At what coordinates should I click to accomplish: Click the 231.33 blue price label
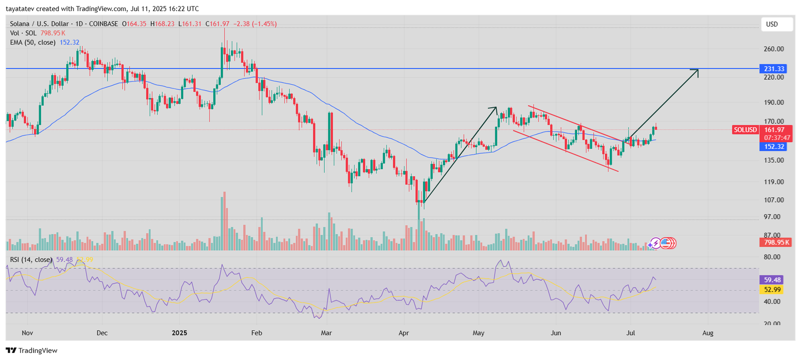[x=774, y=69]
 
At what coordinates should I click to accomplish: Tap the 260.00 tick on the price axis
[x=774, y=49]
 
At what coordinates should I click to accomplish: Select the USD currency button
[x=772, y=24]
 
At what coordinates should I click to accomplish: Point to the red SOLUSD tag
[x=745, y=130]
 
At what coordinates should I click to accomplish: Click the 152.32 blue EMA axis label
[x=774, y=147]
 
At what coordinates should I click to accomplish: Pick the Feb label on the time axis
[x=256, y=333]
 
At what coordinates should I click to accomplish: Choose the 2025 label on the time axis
[x=179, y=333]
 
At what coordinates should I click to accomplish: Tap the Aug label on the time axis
[x=707, y=333]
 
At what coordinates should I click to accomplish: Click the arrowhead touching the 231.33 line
[x=696, y=71]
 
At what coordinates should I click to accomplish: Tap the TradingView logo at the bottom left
[x=32, y=350]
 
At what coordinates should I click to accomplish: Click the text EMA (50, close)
[x=33, y=43]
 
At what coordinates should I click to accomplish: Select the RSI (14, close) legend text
[x=31, y=259]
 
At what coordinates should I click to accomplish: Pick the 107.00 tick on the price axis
[x=774, y=200]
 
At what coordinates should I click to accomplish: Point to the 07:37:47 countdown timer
[x=777, y=138]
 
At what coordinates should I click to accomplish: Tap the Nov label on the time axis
[x=27, y=333]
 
